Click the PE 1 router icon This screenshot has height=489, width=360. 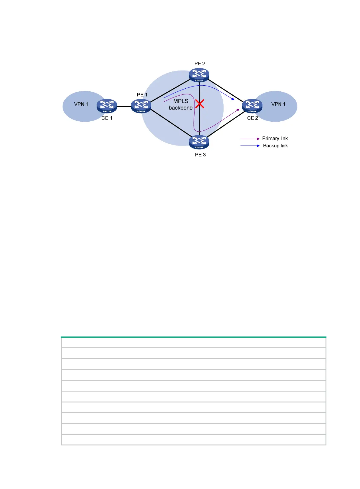pyautogui.click(x=141, y=106)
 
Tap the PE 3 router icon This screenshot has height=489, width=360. pyautogui.click(x=199, y=142)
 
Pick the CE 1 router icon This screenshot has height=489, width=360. pyautogui.click(x=107, y=106)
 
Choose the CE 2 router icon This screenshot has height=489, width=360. pyautogui.click(x=252, y=106)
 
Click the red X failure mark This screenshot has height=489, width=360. pyautogui.click(x=200, y=104)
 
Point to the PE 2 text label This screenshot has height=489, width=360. pyautogui.click(x=200, y=64)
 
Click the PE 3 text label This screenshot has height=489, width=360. pyautogui.click(x=200, y=155)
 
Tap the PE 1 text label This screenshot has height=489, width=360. pyautogui.click(x=142, y=95)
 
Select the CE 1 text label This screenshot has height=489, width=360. pyautogui.click(x=107, y=118)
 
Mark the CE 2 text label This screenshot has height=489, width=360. pyautogui.click(x=253, y=118)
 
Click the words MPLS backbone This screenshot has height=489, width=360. pyautogui.click(x=181, y=104)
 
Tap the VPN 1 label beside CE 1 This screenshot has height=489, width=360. pyautogui.click(x=81, y=104)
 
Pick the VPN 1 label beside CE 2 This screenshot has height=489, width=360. pyautogui.click(x=278, y=104)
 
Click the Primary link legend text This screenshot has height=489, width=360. pyautogui.click(x=275, y=139)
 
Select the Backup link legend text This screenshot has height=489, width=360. pyautogui.click(x=275, y=146)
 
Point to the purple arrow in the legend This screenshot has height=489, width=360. pyautogui.click(x=250, y=139)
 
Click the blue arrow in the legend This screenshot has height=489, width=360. pyautogui.click(x=250, y=146)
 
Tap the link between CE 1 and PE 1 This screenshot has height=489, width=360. pyautogui.click(x=124, y=106)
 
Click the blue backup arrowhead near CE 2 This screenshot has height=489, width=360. pyautogui.click(x=233, y=99)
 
